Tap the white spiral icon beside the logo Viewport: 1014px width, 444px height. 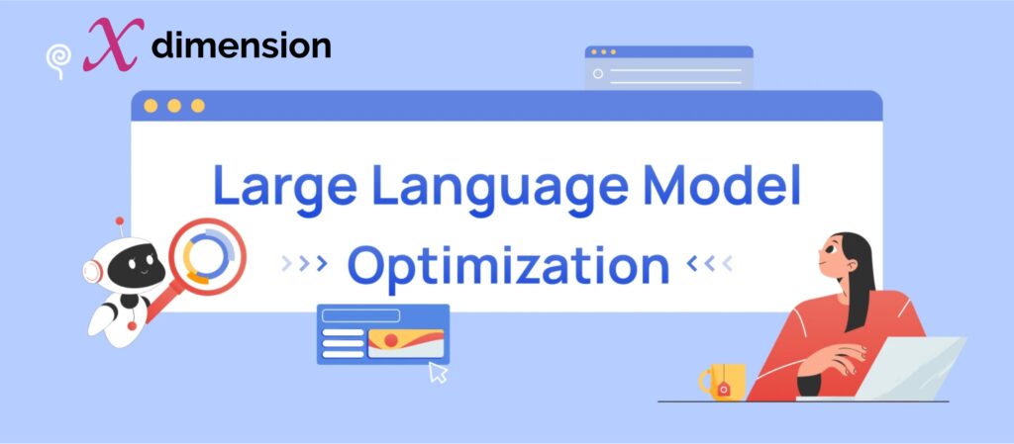point(57,58)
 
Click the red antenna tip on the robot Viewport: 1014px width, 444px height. point(120,220)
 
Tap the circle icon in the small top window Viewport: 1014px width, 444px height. point(597,74)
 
